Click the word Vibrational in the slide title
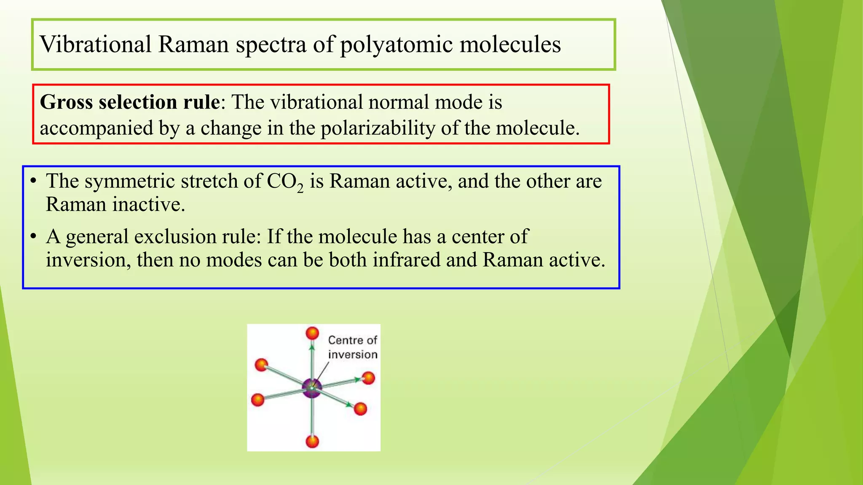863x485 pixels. click(95, 44)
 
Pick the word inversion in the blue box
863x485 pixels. click(88, 260)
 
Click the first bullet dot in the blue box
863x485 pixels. click(33, 181)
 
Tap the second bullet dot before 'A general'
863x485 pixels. click(33, 237)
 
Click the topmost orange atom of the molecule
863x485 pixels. click(312, 333)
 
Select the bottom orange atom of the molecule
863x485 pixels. click(312, 441)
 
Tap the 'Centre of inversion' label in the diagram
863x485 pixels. click(352, 347)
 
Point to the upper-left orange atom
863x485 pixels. click(261, 365)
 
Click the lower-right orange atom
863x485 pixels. click(360, 408)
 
